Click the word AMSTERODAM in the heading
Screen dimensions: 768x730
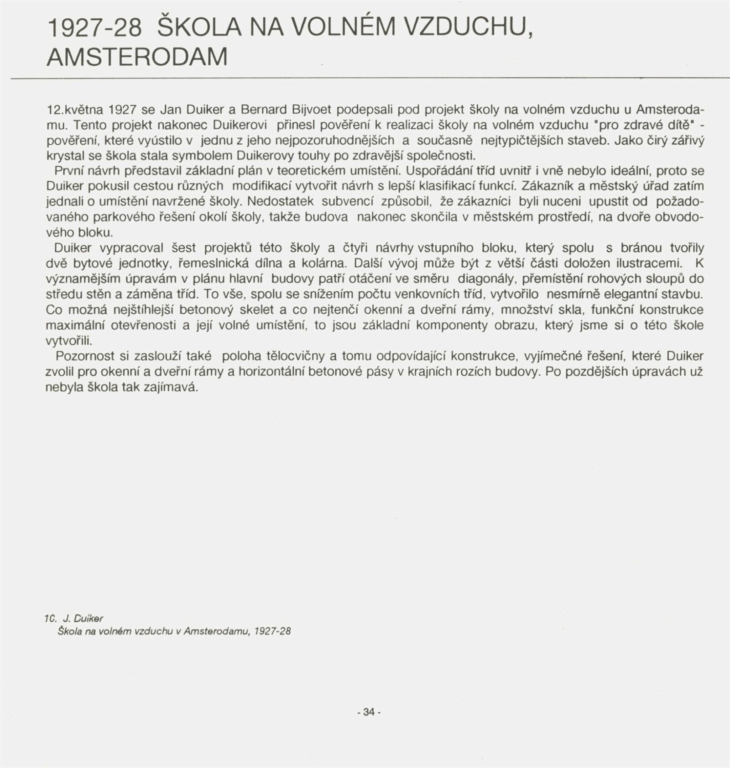point(137,57)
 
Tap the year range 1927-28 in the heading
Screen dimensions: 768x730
point(94,28)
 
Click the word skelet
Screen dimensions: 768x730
point(256,310)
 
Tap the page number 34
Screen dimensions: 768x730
point(369,712)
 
